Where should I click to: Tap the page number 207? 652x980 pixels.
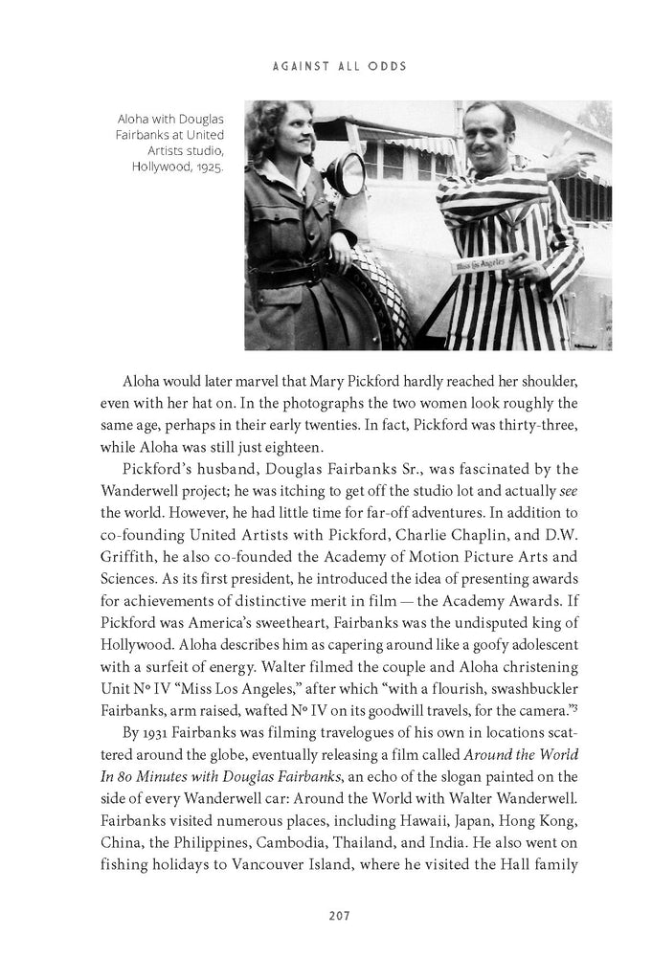click(x=326, y=915)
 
